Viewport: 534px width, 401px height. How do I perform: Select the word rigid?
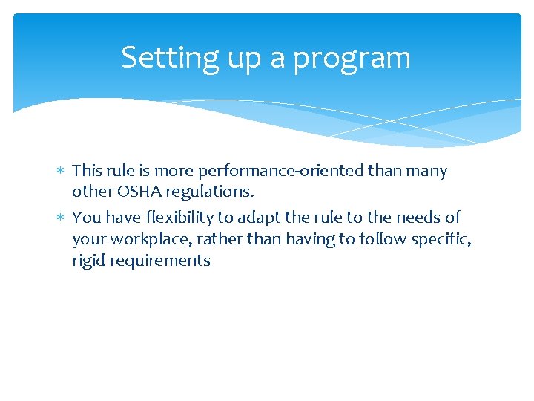coord(89,261)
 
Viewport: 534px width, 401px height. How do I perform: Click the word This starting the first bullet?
coord(88,171)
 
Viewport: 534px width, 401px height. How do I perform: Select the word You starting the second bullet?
coord(86,218)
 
